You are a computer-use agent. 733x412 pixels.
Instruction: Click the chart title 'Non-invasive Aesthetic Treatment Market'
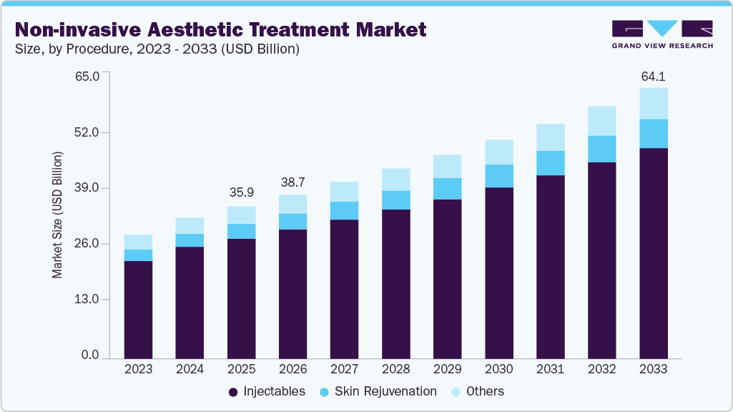click(220, 29)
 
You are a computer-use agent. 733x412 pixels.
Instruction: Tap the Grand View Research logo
click(661, 34)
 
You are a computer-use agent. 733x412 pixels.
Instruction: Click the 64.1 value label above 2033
click(653, 76)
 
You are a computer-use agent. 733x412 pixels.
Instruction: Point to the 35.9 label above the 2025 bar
click(241, 193)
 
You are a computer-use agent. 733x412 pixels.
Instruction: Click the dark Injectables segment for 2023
click(138, 309)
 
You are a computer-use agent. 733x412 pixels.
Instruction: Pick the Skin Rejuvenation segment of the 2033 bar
click(653, 134)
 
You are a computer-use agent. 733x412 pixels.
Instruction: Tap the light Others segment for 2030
click(498, 152)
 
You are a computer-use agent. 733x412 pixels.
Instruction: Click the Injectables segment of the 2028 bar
click(395, 283)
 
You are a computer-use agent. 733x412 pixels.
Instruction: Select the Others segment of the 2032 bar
click(601, 121)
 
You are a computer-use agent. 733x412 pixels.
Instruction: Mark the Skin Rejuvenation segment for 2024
click(190, 240)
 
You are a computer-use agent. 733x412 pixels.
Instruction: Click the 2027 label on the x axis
click(344, 370)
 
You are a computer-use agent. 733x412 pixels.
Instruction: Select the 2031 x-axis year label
click(550, 370)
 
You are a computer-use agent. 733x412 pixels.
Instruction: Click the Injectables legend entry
click(267, 391)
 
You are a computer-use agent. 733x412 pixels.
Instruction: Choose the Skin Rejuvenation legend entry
click(376, 391)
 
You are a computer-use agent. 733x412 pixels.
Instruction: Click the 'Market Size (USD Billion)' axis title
click(57, 215)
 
